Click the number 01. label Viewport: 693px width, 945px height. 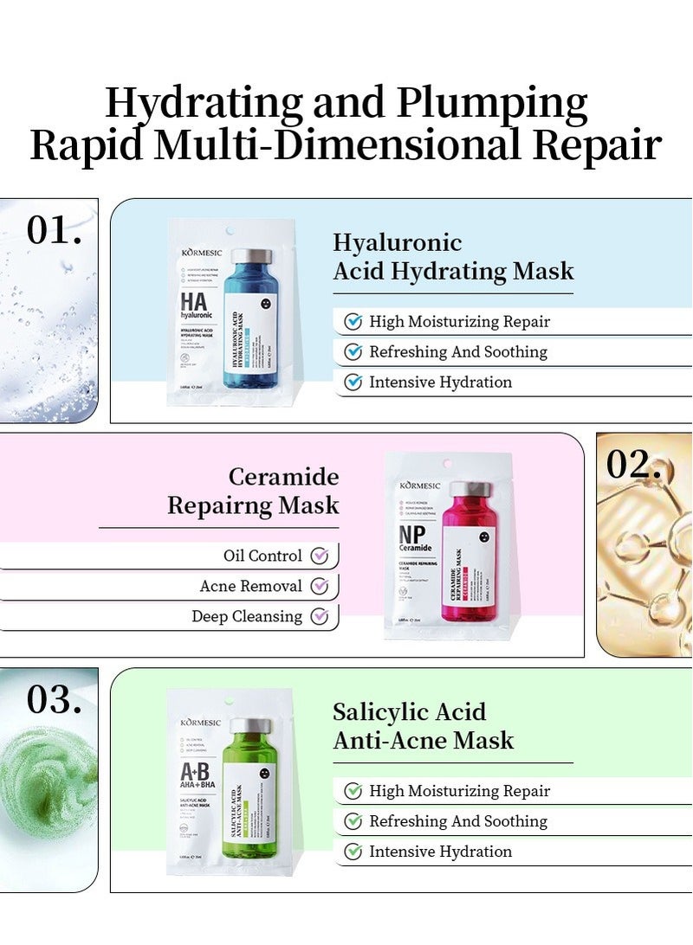tap(55, 230)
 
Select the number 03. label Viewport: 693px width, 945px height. tap(55, 700)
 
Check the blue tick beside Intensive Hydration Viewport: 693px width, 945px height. tap(353, 382)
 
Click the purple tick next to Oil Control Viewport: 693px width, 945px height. tap(320, 556)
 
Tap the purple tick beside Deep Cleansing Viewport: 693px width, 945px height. tap(320, 616)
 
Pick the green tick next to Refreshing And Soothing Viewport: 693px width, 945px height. tap(353, 821)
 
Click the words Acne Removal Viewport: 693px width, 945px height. tap(250, 587)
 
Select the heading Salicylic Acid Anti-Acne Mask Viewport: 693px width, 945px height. tap(423, 726)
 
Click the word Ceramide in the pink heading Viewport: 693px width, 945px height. tap(283, 477)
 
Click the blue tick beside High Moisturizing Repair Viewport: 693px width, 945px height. tap(353, 322)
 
